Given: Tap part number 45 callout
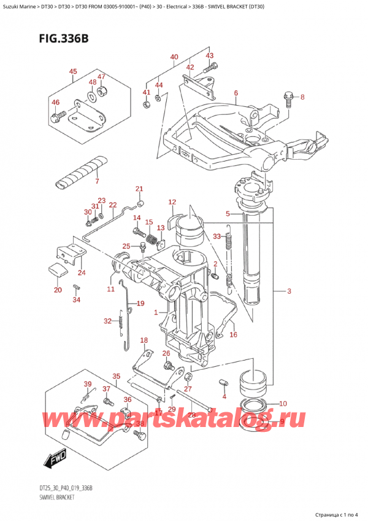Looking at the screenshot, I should point(73,71).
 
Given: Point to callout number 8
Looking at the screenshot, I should point(301,96).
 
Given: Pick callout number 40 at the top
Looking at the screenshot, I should point(174,57).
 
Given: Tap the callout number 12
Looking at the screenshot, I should point(172,202).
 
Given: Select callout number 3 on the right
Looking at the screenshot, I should point(289,291).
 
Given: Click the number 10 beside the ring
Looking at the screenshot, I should point(282,404).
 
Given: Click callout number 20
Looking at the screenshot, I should point(57,290).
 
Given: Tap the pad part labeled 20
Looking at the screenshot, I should point(57,270).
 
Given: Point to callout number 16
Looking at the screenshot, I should point(233,335).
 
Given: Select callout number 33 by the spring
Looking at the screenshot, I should point(217,236).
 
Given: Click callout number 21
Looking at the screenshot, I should point(139,189).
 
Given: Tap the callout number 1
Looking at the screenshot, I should point(156,312).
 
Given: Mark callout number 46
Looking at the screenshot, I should point(55,102).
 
